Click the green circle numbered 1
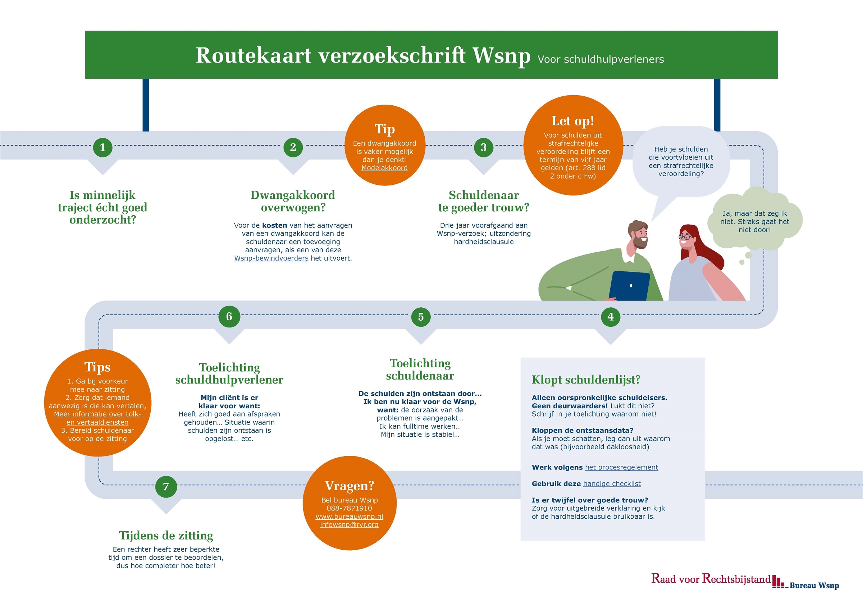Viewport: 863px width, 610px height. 102,147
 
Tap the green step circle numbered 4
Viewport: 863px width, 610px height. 611,317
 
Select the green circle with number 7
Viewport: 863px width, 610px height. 166,487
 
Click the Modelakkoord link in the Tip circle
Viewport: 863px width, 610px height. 384,168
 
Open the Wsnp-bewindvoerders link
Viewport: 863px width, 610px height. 271,258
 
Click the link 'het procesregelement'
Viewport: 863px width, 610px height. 621,467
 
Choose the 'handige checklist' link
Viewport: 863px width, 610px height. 612,484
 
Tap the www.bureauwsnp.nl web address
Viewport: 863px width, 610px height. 349,517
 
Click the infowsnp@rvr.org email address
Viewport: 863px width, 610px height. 349,525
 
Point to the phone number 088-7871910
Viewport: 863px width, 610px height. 349,508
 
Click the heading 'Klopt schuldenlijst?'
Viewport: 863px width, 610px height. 586,380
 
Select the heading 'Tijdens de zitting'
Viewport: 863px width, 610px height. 166,535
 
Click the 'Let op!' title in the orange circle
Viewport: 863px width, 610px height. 572,121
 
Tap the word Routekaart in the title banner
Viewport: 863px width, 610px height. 254,55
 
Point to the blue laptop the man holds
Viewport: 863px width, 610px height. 629,286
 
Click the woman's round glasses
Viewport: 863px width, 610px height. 686,237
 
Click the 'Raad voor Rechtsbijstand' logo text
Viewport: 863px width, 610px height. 711,579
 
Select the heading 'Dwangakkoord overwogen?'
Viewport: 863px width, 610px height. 293,201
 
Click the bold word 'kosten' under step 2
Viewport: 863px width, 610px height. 274,225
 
